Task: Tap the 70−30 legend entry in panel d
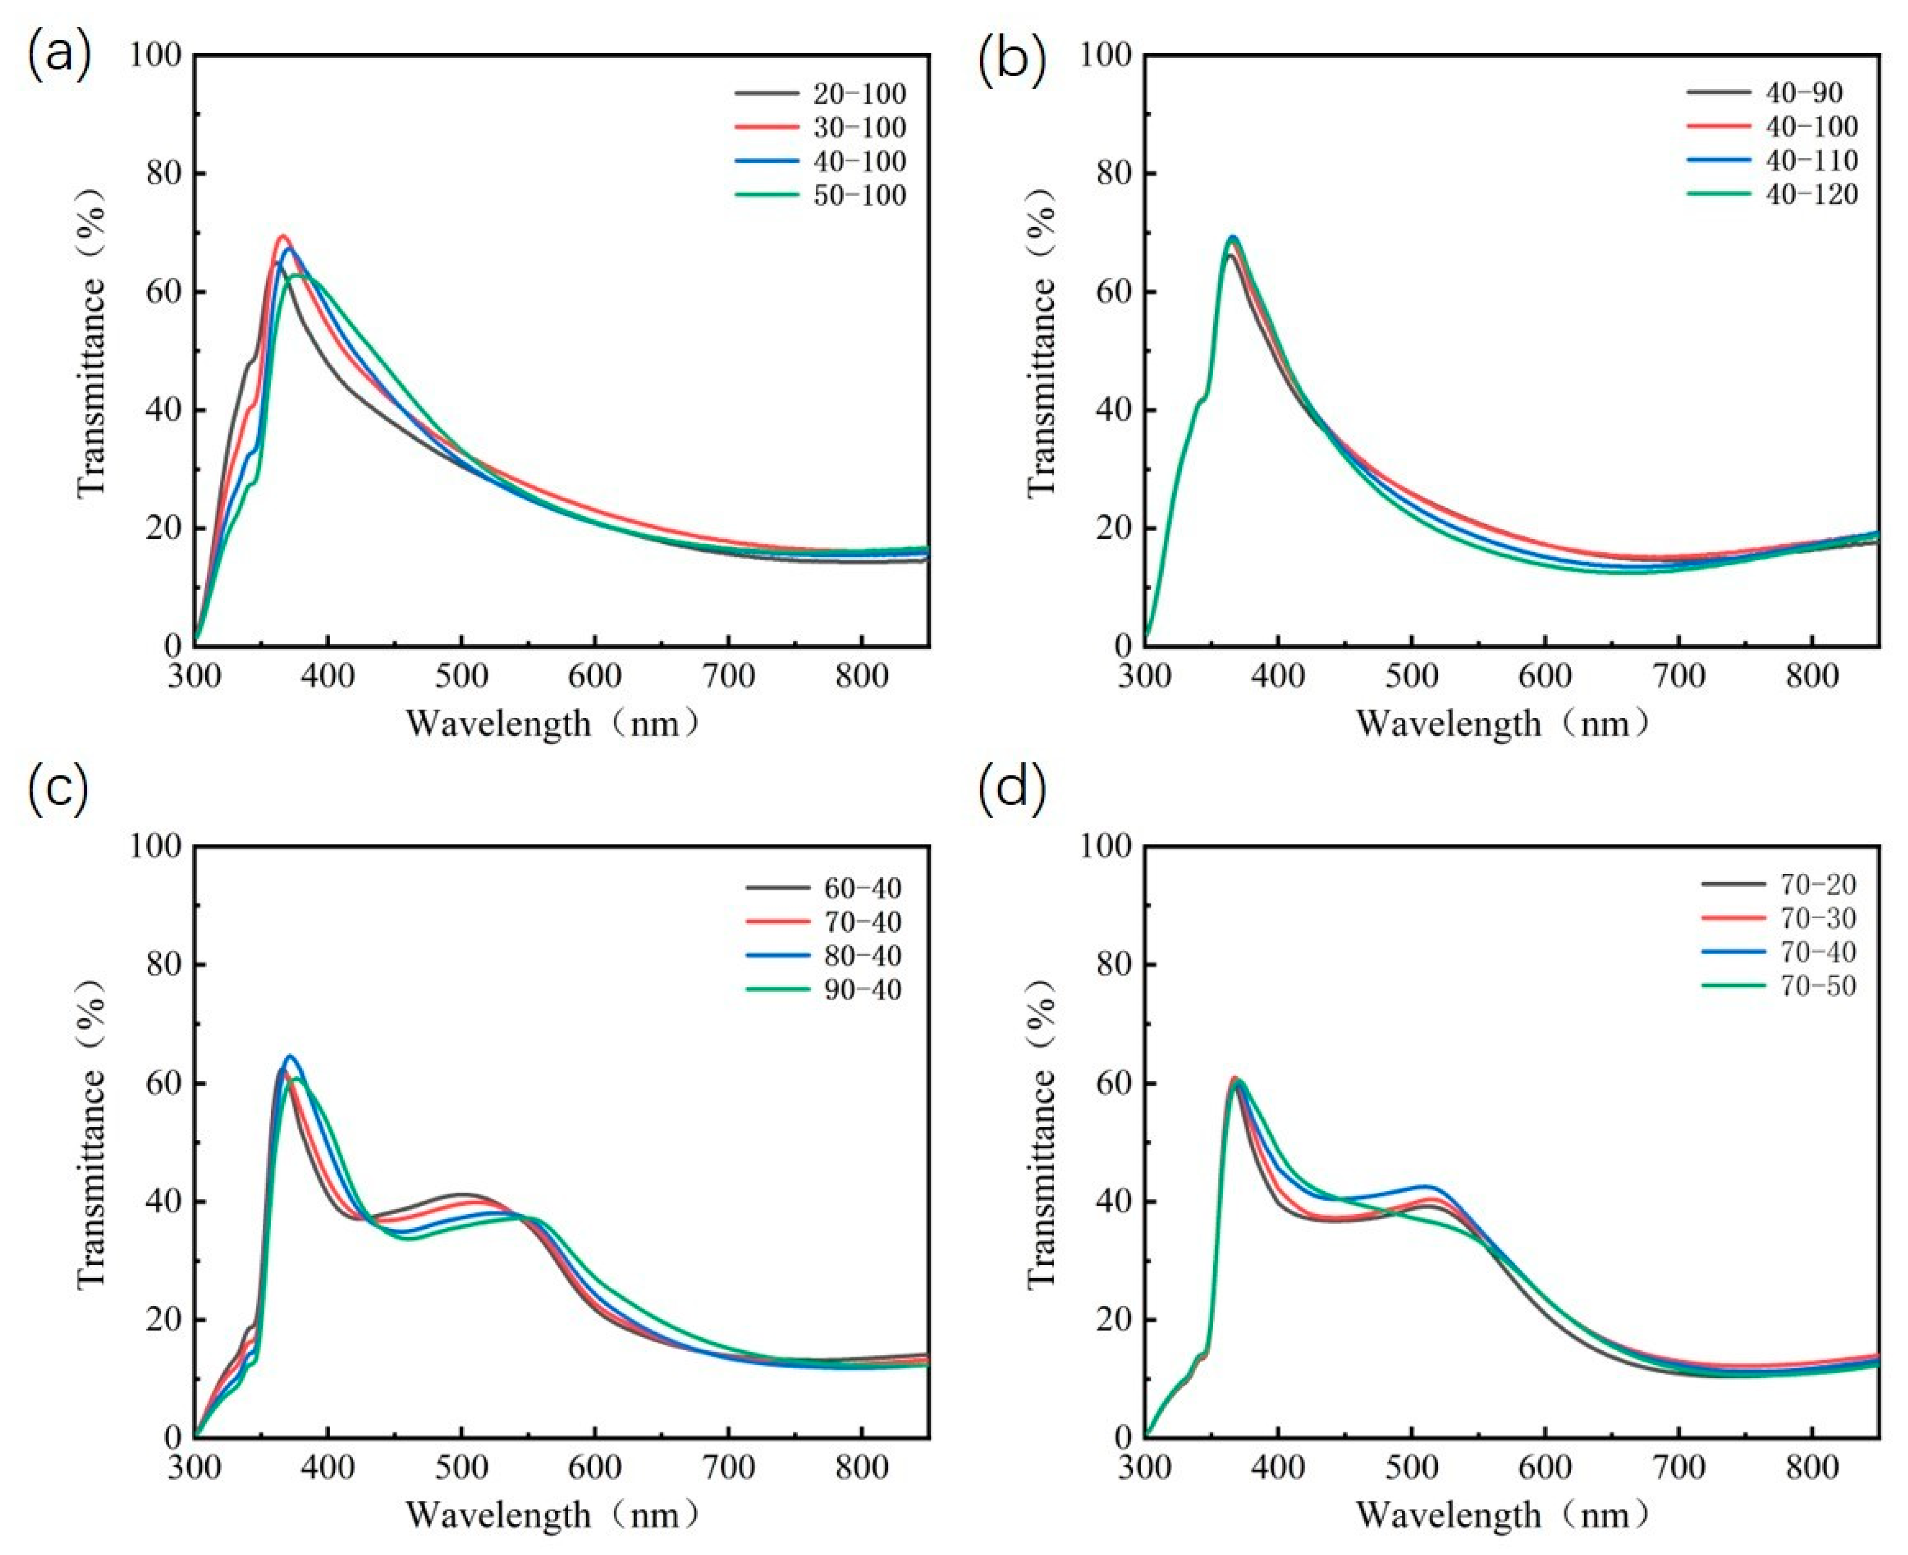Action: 1776,918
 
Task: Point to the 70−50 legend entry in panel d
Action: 1776,986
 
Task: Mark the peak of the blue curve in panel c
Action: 289,1057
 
